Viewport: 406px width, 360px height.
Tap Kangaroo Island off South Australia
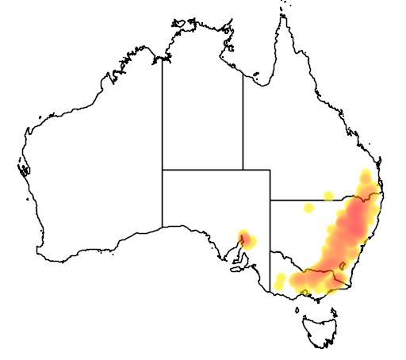(236, 267)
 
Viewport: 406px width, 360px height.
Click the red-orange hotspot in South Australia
(246, 238)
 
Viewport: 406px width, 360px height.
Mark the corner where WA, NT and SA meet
(163, 170)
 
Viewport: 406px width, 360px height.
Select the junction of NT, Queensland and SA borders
(243, 170)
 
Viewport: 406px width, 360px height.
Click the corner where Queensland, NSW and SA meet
(270, 200)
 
